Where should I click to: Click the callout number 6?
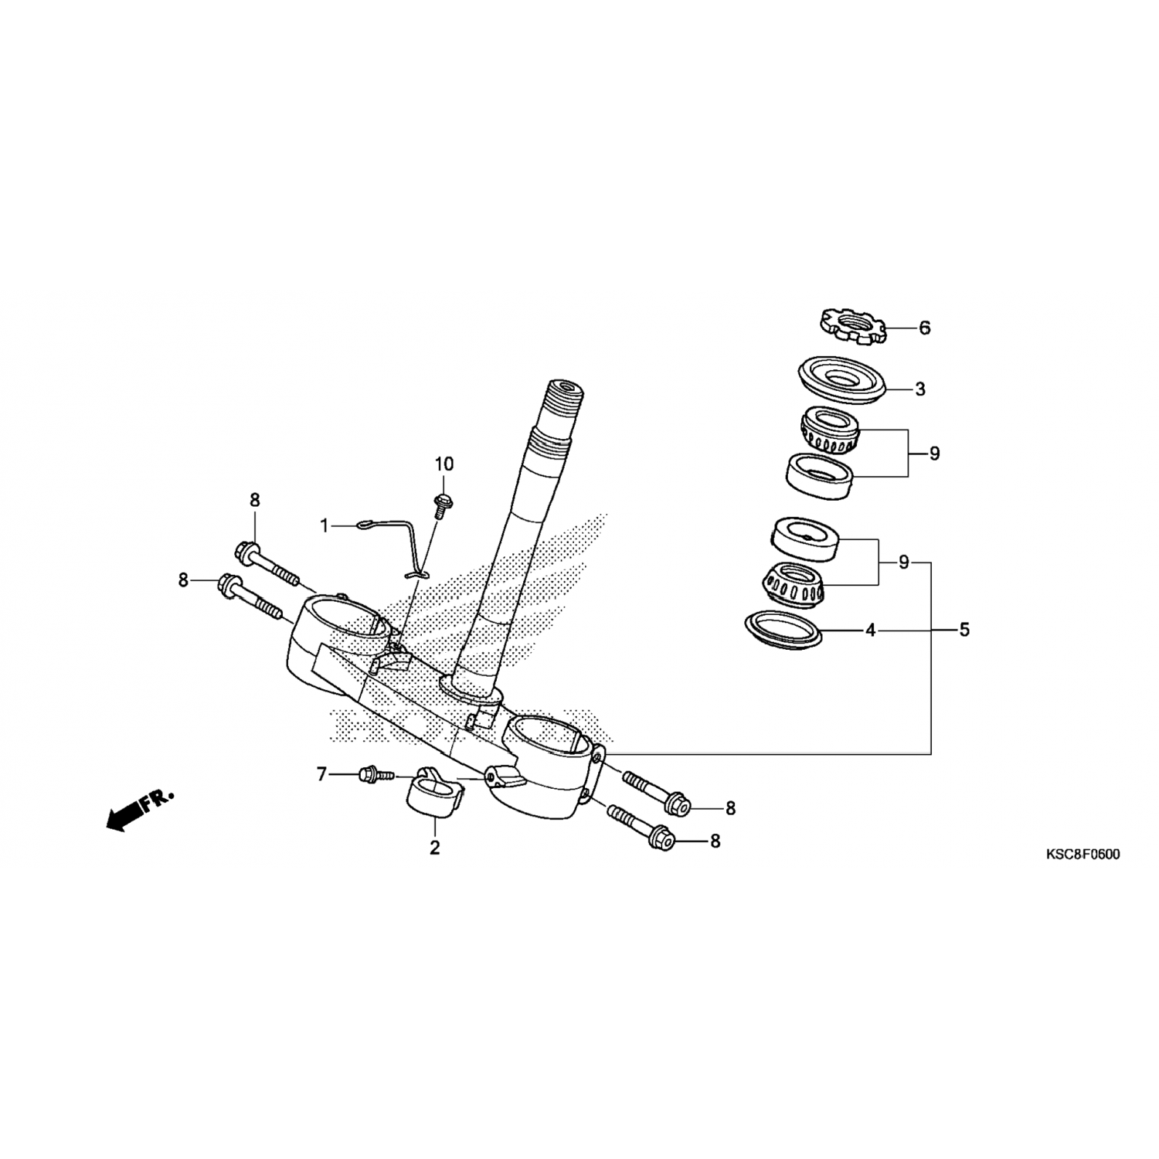click(x=925, y=328)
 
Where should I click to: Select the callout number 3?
click(x=920, y=389)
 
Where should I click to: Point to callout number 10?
click(x=444, y=464)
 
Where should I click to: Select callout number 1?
click(x=325, y=525)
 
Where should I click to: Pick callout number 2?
click(x=435, y=848)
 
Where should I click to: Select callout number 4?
click(x=871, y=630)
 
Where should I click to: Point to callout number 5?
click(x=964, y=630)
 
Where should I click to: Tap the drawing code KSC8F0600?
click(x=1083, y=855)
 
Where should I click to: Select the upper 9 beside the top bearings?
click(x=934, y=454)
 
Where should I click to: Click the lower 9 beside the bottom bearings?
click(x=904, y=563)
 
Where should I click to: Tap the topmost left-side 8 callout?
click(x=255, y=500)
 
